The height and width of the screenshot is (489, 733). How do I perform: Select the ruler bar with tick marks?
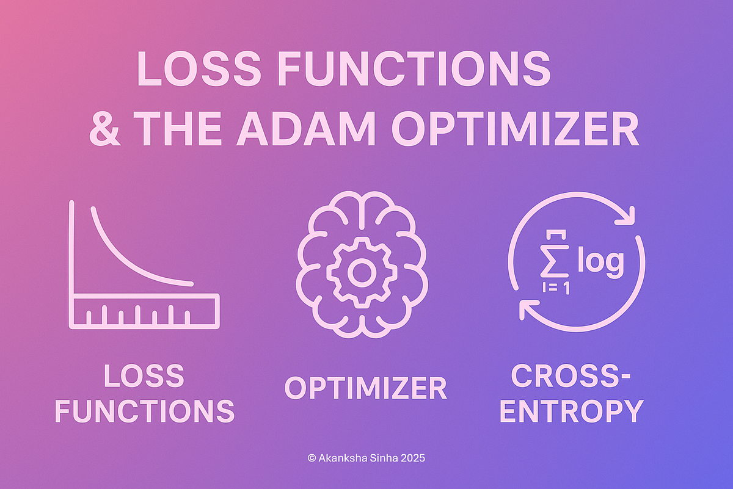(145, 309)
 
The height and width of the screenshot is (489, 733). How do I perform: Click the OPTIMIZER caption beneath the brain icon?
(366, 388)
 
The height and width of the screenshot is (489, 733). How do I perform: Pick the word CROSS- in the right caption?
(571, 377)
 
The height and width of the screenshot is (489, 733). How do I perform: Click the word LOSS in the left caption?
(144, 377)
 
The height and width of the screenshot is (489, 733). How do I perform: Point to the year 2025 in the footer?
(412, 456)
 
